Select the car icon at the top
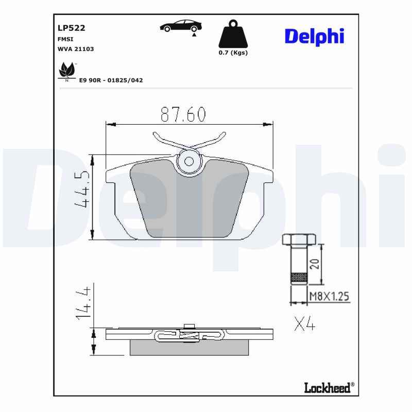[181, 26]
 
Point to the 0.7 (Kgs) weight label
[233, 53]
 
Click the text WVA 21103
[76, 49]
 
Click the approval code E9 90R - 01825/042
[111, 80]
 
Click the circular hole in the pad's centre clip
[189, 161]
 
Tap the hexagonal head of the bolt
[298, 240]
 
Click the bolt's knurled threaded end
[299, 278]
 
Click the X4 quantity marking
[304, 324]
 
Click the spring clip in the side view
[189, 336]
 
